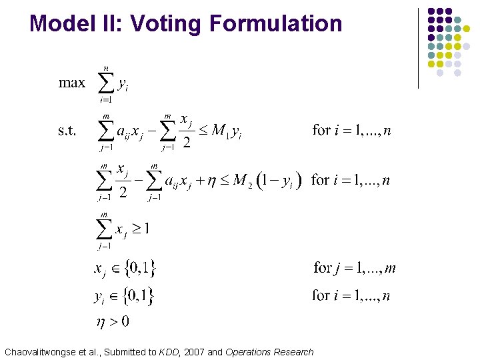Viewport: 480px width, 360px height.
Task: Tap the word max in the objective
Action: [72, 83]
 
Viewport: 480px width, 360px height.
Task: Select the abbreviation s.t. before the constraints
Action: [67, 130]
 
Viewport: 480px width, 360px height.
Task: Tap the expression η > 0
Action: [112, 321]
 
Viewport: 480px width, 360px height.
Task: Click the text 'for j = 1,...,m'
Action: [354, 269]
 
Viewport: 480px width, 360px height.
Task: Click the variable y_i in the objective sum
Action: [123, 85]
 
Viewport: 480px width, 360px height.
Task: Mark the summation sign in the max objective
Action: [106, 83]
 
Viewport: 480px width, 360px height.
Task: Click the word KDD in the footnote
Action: [169, 351]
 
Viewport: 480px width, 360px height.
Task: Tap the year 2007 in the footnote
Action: [195, 351]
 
